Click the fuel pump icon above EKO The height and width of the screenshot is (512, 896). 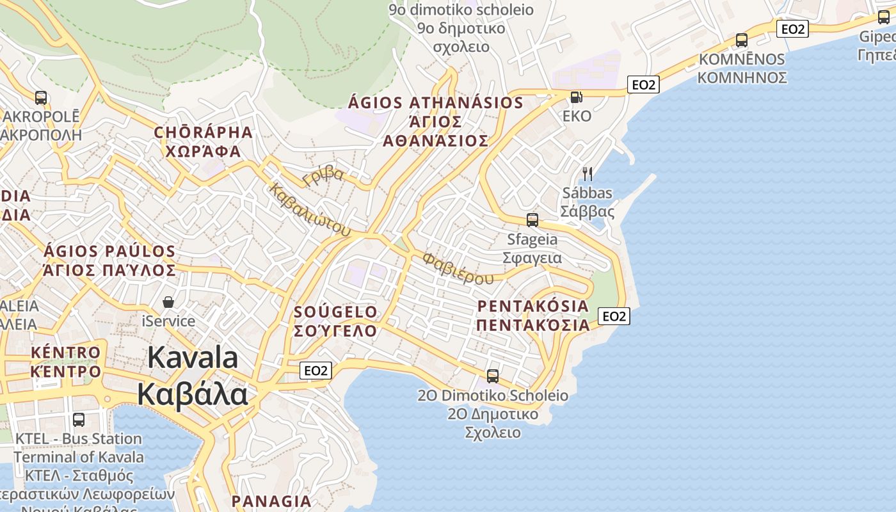576,97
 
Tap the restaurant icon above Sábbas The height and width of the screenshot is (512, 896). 587,173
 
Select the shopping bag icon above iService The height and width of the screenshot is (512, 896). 168,301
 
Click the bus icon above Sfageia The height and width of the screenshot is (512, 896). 532,220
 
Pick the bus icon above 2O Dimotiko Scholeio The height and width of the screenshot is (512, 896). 492,376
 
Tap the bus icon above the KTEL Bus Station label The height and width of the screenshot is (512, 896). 79,420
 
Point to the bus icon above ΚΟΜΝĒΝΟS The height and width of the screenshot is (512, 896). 741,40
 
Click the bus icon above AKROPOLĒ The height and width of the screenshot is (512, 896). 41,98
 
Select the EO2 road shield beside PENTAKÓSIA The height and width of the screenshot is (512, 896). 614,316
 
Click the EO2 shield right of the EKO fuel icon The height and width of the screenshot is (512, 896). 643,84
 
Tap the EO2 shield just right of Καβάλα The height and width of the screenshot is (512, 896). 316,370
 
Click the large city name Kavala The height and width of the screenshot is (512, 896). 193,358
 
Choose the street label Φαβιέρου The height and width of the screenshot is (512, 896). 458,268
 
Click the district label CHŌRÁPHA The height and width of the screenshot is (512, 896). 204,132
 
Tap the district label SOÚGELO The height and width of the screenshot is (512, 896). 335,312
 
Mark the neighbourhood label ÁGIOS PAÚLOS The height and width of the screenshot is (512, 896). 109,251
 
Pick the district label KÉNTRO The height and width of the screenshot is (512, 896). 66,353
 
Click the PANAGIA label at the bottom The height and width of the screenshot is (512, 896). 271,500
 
